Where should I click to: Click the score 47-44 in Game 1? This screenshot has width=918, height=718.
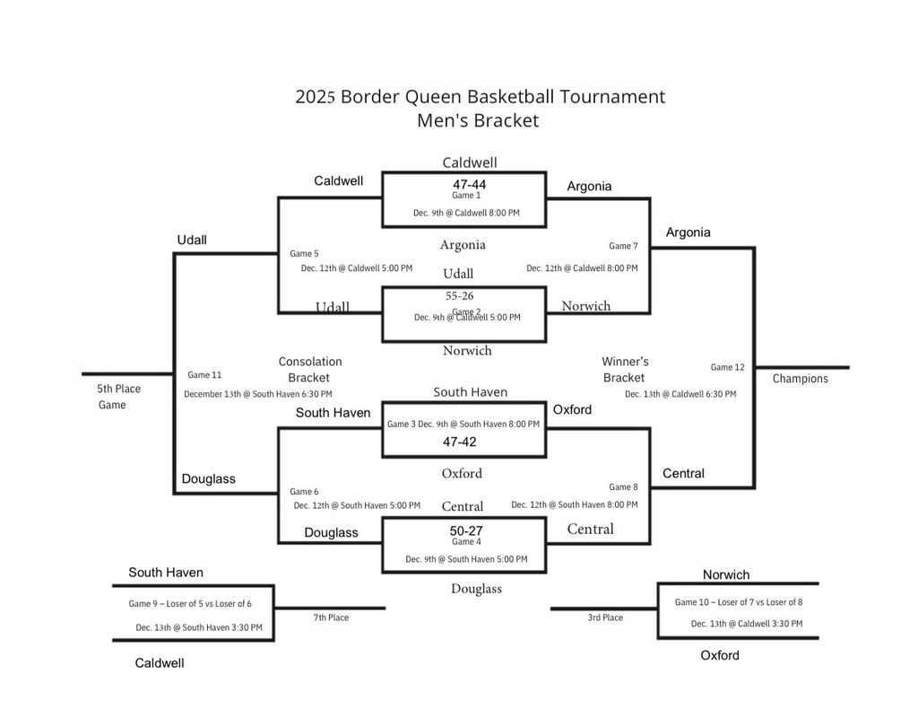click(463, 184)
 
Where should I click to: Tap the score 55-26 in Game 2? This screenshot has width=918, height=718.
click(460, 295)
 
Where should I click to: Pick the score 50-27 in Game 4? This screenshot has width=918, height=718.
click(466, 530)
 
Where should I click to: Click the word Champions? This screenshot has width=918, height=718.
click(801, 379)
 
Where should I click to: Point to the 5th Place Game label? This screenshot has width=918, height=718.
click(118, 397)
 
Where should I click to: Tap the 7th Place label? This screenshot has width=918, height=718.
click(331, 617)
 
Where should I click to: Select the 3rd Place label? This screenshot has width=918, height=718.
click(605, 617)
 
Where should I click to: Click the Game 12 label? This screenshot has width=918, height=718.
click(727, 367)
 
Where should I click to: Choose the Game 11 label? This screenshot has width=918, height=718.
click(204, 375)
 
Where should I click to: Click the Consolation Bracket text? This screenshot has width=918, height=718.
click(310, 370)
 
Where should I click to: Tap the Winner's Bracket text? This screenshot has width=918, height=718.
click(625, 370)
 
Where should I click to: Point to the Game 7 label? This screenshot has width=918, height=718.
click(623, 246)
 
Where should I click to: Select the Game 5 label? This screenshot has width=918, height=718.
click(304, 254)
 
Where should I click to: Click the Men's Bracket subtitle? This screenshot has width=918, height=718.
click(478, 120)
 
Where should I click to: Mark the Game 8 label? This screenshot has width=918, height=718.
click(623, 487)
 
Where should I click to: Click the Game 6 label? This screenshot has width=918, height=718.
click(304, 492)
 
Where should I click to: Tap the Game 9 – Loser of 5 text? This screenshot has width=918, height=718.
click(190, 604)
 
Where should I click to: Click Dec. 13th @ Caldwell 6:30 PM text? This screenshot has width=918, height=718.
click(680, 394)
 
